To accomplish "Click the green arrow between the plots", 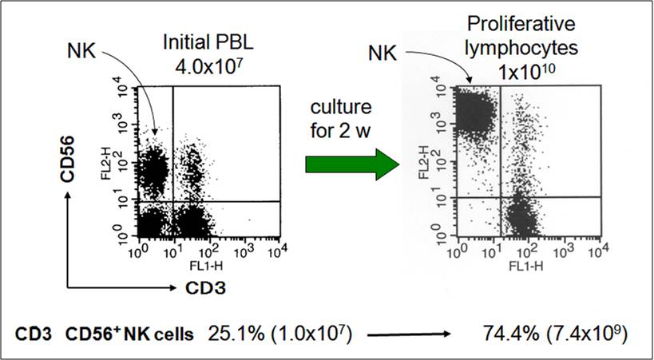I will coord(352,164).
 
